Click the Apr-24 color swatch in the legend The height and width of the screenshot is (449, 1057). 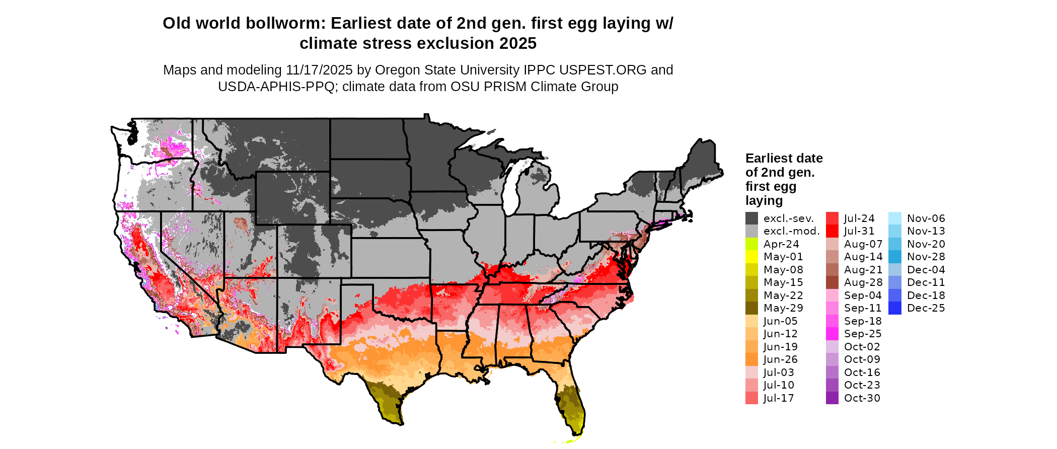point(751,244)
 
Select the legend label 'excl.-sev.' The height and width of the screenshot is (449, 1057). point(788,218)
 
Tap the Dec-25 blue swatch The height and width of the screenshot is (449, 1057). point(895,308)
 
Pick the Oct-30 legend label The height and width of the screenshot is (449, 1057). point(862,398)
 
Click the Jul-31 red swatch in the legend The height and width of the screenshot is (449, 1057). point(832,231)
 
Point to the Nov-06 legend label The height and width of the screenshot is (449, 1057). point(926,218)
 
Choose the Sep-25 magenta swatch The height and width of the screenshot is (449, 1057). point(832,334)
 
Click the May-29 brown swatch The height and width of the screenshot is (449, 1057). point(751,308)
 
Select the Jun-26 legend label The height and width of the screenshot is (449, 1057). point(780,359)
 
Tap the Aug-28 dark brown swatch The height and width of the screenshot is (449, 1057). point(832,282)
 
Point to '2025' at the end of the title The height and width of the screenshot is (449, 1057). point(518,44)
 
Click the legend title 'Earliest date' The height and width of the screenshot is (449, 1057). point(784,159)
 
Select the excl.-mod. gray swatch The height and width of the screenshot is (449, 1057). point(751,231)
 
